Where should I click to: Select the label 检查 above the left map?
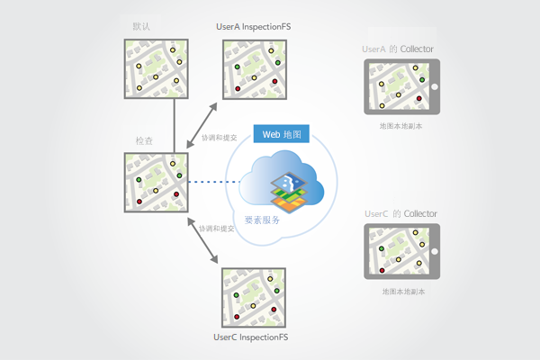(x=143, y=141)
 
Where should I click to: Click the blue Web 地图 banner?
(x=283, y=134)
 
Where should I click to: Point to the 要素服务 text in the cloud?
(x=262, y=220)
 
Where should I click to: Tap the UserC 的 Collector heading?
(x=401, y=213)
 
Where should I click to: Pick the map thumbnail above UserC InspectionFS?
(x=254, y=298)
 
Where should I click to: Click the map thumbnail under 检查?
(x=156, y=184)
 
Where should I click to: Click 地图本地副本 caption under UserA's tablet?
(x=401, y=127)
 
